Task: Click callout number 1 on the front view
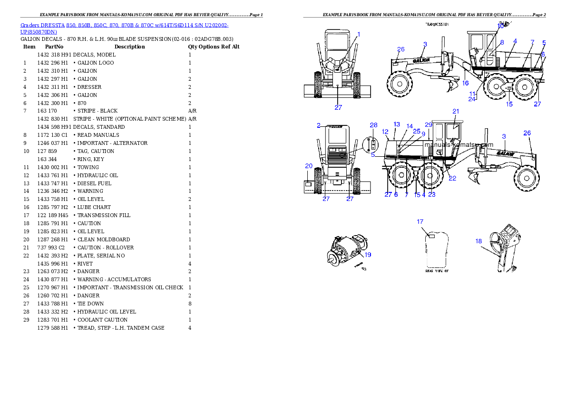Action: (x=359, y=34)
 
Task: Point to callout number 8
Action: (x=501, y=42)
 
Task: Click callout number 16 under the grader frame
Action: (x=466, y=83)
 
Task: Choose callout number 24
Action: (x=472, y=99)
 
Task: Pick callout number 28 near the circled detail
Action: (x=373, y=125)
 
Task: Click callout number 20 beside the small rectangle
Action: (x=309, y=166)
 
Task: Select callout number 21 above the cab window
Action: (x=456, y=111)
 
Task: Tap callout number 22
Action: (x=452, y=178)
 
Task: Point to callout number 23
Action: (x=431, y=194)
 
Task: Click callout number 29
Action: (x=429, y=124)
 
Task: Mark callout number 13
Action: (x=397, y=124)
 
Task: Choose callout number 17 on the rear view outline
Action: (x=420, y=222)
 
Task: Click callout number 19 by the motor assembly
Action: (x=368, y=255)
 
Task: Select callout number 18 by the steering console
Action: (x=478, y=241)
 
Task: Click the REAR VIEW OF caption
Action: (x=437, y=270)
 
